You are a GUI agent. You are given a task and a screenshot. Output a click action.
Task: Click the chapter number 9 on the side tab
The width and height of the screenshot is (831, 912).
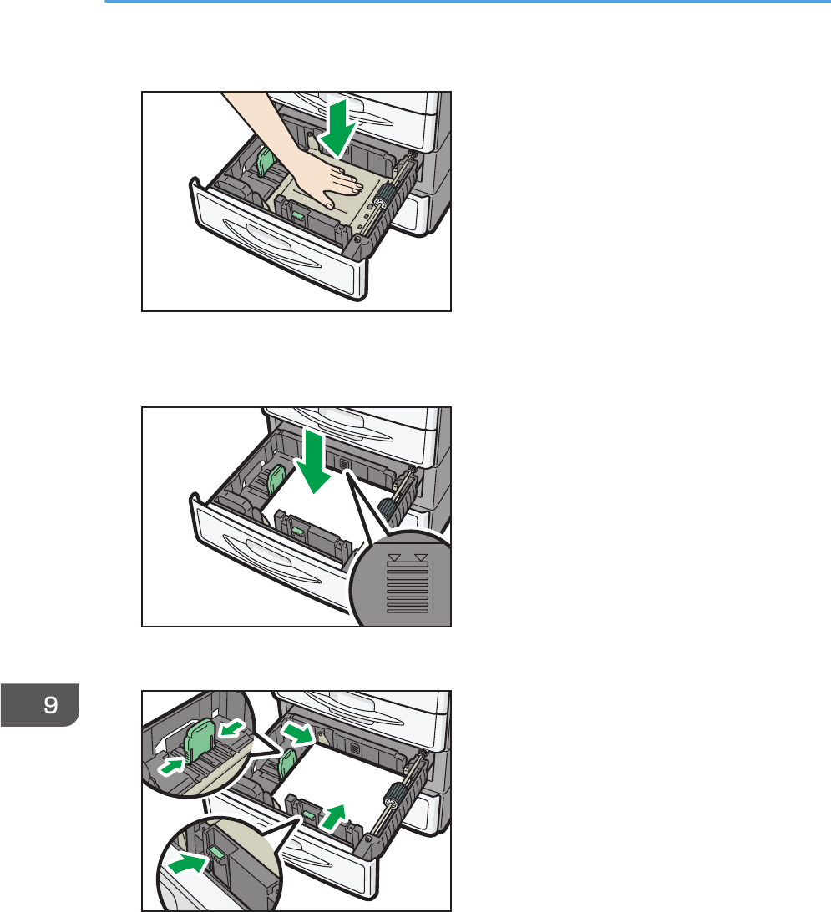click(x=51, y=704)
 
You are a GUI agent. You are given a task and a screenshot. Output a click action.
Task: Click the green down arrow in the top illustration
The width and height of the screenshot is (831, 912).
click(x=337, y=128)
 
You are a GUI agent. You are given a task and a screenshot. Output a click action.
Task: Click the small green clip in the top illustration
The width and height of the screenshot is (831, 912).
click(x=297, y=216)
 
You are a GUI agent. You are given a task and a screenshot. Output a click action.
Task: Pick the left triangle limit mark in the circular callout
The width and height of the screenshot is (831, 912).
click(x=394, y=557)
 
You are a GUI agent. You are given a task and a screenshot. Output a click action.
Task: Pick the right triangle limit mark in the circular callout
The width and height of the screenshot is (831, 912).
click(x=420, y=557)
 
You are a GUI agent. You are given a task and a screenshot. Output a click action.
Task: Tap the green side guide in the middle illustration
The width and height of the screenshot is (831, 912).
click(x=275, y=480)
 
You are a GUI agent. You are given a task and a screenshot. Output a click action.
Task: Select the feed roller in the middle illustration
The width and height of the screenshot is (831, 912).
click(x=388, y=509)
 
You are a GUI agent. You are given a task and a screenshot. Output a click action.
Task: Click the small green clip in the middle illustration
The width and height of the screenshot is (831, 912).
click(x=297, y=531)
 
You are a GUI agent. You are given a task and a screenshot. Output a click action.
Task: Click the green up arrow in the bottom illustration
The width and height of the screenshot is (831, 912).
click(x=334, y=817)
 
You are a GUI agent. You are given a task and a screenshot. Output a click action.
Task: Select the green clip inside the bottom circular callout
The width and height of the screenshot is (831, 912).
click(x=216, y=854)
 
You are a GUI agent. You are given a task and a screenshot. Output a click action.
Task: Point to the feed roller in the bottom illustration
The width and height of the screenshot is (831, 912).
click(x=392, y=800)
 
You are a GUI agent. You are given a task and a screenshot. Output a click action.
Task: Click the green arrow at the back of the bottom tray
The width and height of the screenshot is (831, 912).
click(x=299, y=733)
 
